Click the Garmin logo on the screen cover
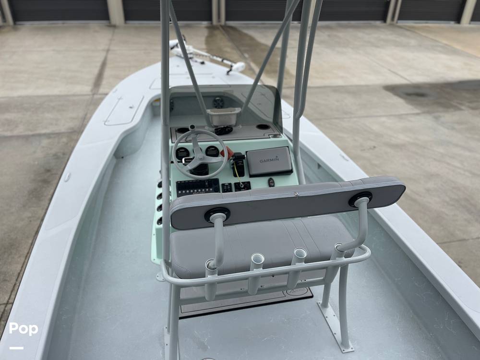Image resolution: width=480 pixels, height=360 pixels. coord(269,159)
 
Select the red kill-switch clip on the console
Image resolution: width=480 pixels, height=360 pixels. coord(227,153)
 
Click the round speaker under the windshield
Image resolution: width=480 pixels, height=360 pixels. coord(218,102)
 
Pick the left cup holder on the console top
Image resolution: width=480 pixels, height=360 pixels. coord(183,130)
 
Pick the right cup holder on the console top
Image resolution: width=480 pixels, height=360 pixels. coord(263,127)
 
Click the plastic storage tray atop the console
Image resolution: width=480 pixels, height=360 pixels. coord(224,116)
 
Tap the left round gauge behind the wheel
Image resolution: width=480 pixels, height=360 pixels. coord(182,153)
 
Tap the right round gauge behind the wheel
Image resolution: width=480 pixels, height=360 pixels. coord(212,151)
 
